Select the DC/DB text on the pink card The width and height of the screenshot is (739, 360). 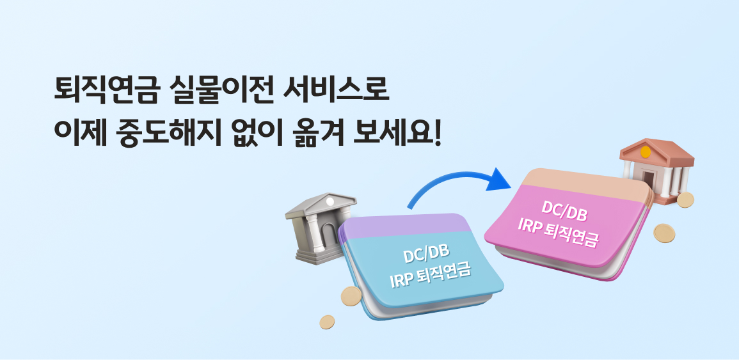coord(564,211)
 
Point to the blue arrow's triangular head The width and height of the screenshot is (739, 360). coord(498,180)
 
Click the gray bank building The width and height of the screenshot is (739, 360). coord(321,228)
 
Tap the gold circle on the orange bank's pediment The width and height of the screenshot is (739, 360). coord(646,152)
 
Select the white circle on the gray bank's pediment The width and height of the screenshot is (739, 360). coord(330,201)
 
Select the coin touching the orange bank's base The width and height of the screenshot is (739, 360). coord(685,200)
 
